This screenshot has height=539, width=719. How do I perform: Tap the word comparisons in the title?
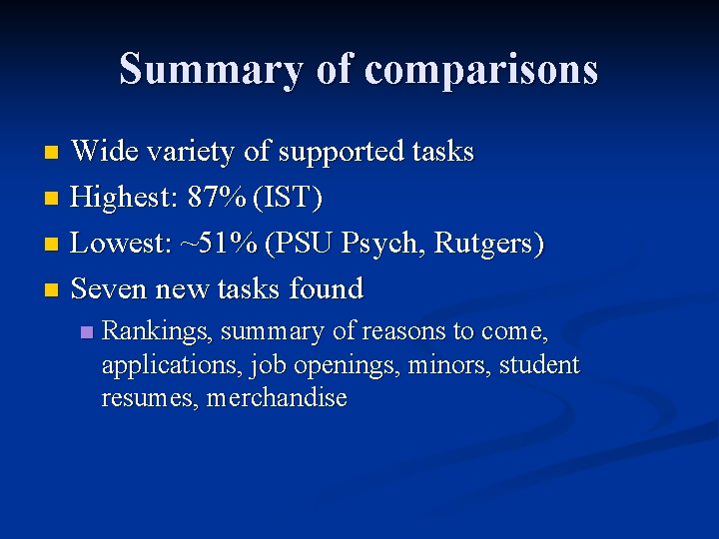[481, 70]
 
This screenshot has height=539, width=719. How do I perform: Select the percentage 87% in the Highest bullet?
[219, 198]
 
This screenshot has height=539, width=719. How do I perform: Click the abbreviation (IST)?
[289, 198]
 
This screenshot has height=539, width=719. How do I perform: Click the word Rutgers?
[487, 244]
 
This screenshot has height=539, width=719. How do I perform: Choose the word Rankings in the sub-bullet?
[157, 330]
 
